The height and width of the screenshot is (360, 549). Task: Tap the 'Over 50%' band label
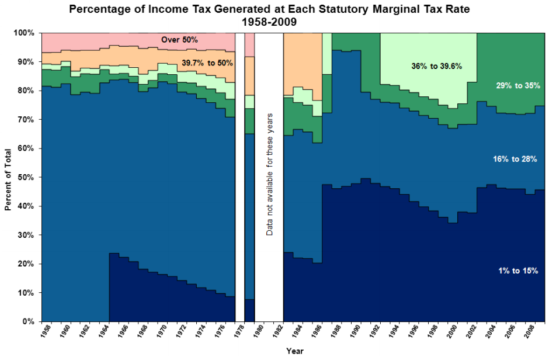[180, 40]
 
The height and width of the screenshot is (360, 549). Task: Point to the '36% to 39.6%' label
[436, 66]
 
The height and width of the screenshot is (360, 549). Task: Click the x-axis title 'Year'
[294, 351]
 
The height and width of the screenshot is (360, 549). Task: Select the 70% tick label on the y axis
[26, 120]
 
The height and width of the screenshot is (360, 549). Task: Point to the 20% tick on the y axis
[26, 264]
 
